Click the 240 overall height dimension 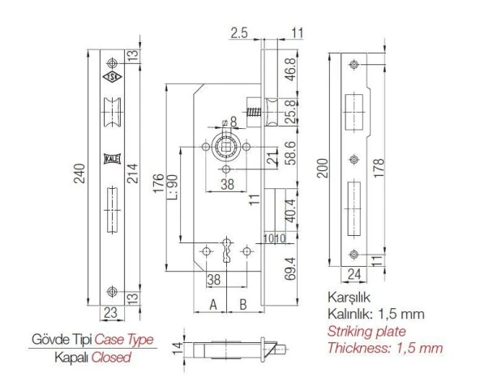(79, 179)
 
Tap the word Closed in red (111, 356)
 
